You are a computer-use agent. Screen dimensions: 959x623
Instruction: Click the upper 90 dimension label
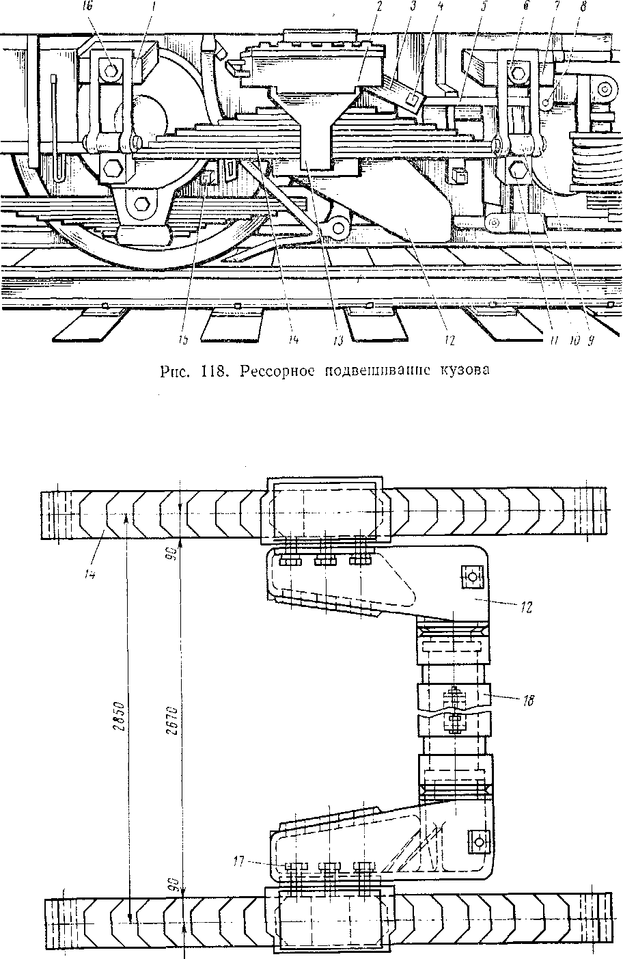[x=175, y=552]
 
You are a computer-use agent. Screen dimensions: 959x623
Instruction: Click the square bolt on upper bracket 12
[x=471, y=576]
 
